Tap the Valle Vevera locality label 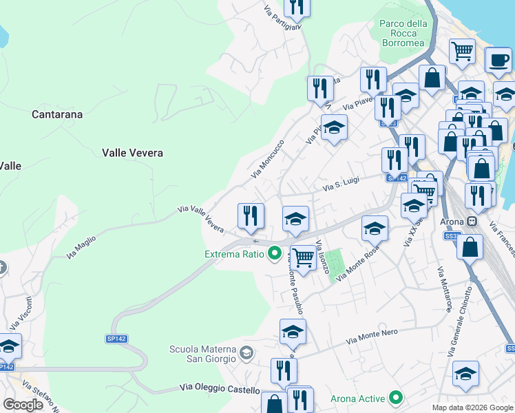pyautogui.click(x=132, y=153)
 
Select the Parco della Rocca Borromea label pyautogui.click(x=403, y=33)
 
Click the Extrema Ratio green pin pyautogui.click(x=273, y=255)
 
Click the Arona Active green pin pyautogui.click(x=396, y=398)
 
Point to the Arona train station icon pyautogui.click(x=472, y=222)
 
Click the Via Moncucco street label pyautogui.click(x=268, y=159)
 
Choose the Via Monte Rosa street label pyautogui.click(x=358, y=266)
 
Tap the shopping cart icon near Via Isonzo pyautogui.click(x=303, y=258)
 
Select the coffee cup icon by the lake pyautogui.click(x=498, y=59)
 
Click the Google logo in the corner pyautogui.click(x=23, y=405)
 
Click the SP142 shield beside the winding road pyautogui.click(x=117, y=339)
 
